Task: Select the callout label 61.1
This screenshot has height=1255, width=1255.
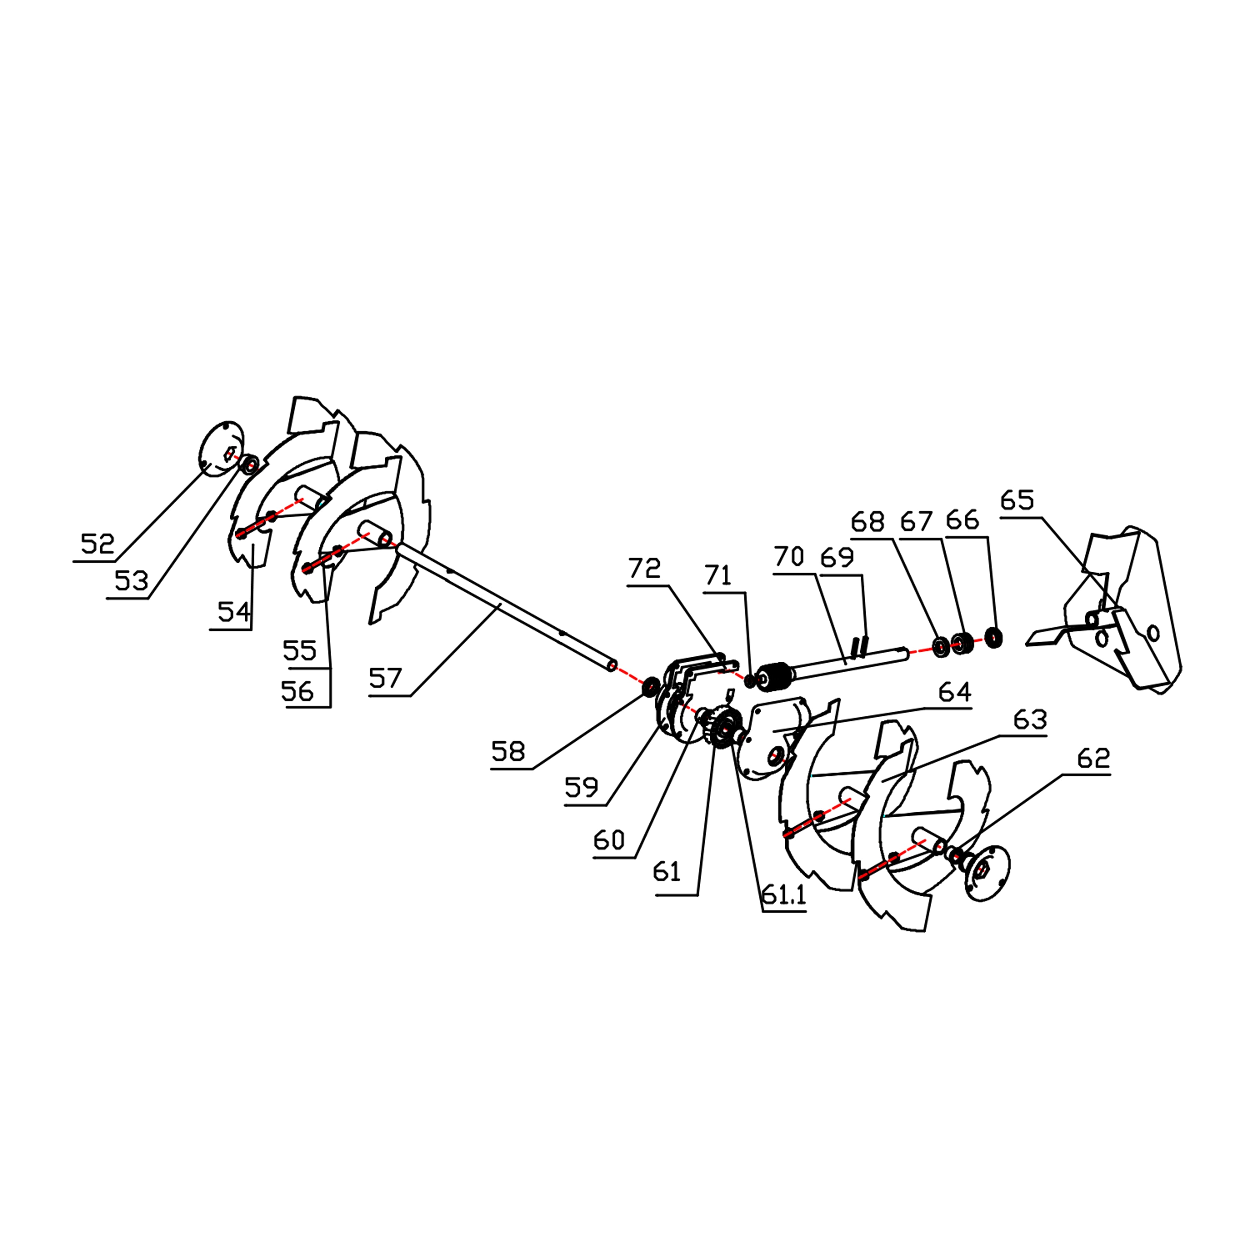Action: point(783,895)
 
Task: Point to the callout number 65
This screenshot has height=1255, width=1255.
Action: point(1017,500)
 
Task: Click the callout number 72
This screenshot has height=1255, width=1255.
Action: point(644,569)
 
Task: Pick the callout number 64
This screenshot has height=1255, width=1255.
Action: point(955,692)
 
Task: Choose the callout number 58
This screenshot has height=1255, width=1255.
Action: point(508,751)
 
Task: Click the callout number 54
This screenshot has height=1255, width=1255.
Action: point(234,612)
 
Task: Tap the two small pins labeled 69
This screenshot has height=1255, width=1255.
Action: point(861,646)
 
